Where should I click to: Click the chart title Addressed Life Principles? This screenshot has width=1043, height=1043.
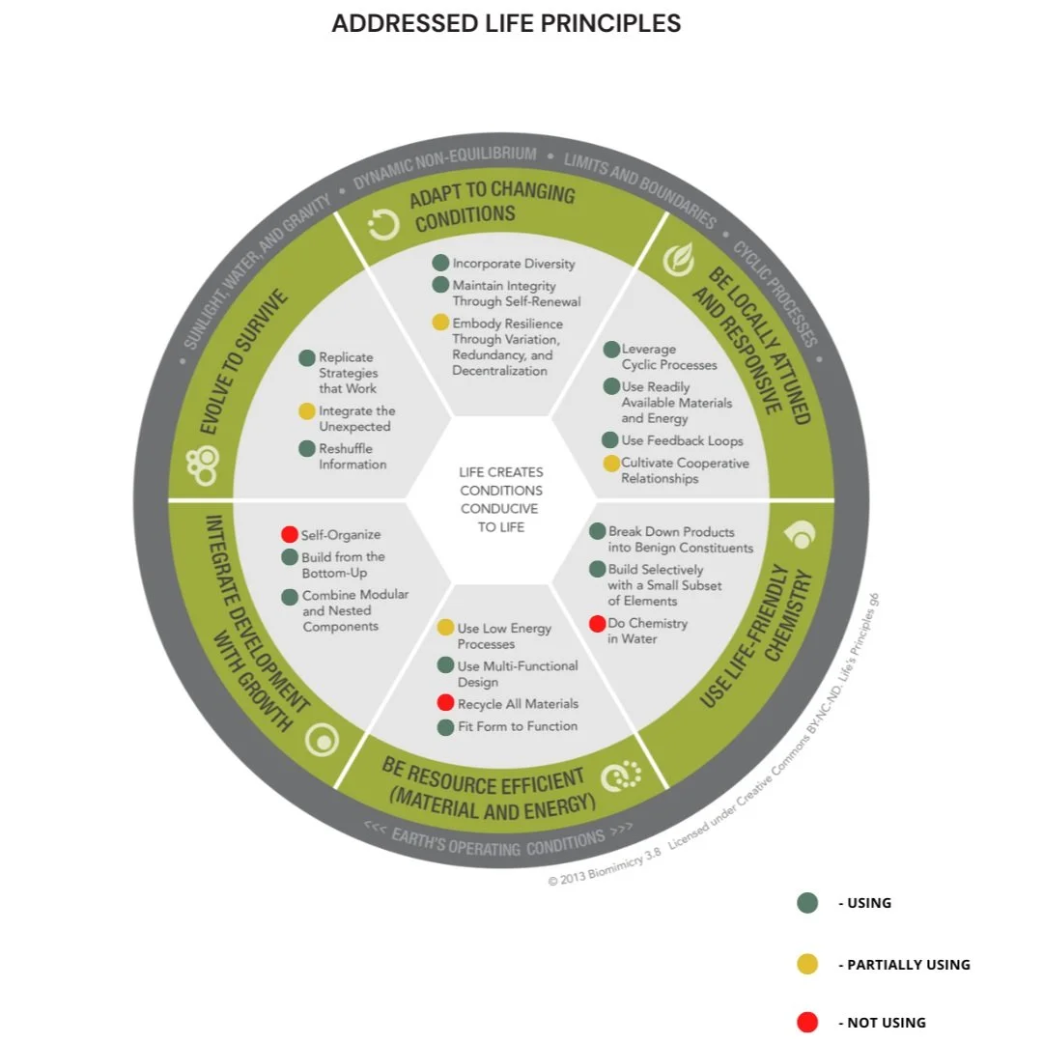pyautogui.click(x=506, y=24)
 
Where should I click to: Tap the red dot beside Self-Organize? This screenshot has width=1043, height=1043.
pyautogui.click(x=289, y=534)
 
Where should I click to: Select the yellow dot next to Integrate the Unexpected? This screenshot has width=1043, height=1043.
pyautogui.click(x=307, y=411)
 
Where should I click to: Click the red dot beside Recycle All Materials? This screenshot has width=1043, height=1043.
pyautogui.click(x=445, y=703)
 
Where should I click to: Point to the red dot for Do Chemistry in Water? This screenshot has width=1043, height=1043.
pyautogui.click(x=597, y=624)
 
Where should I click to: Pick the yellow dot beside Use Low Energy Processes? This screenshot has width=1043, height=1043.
pyautogui.click(x=445, y=628)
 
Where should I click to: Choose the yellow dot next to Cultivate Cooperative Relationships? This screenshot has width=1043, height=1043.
pyautogui.click(x=610, y=464)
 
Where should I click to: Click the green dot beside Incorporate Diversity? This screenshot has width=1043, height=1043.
pyautogui.click(x=440, y=263)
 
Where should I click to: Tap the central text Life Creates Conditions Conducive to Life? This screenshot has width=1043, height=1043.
pyautogui.click(x=500, y=499)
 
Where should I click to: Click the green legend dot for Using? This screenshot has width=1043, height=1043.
pyautogui.click(x=807, y=903)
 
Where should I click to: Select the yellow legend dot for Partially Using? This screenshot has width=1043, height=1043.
pyautogui.click(x=807, y=964)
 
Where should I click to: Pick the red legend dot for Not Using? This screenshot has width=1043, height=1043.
pyautogui.click(x=807, y=1022)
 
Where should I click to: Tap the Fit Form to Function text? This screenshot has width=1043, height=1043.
pyautogui.click(x=517, y=726)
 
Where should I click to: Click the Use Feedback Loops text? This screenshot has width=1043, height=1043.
pyautogui.click(x=682, y=440)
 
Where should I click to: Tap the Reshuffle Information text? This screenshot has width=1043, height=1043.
pyautogui.click(x=352, y=457)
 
